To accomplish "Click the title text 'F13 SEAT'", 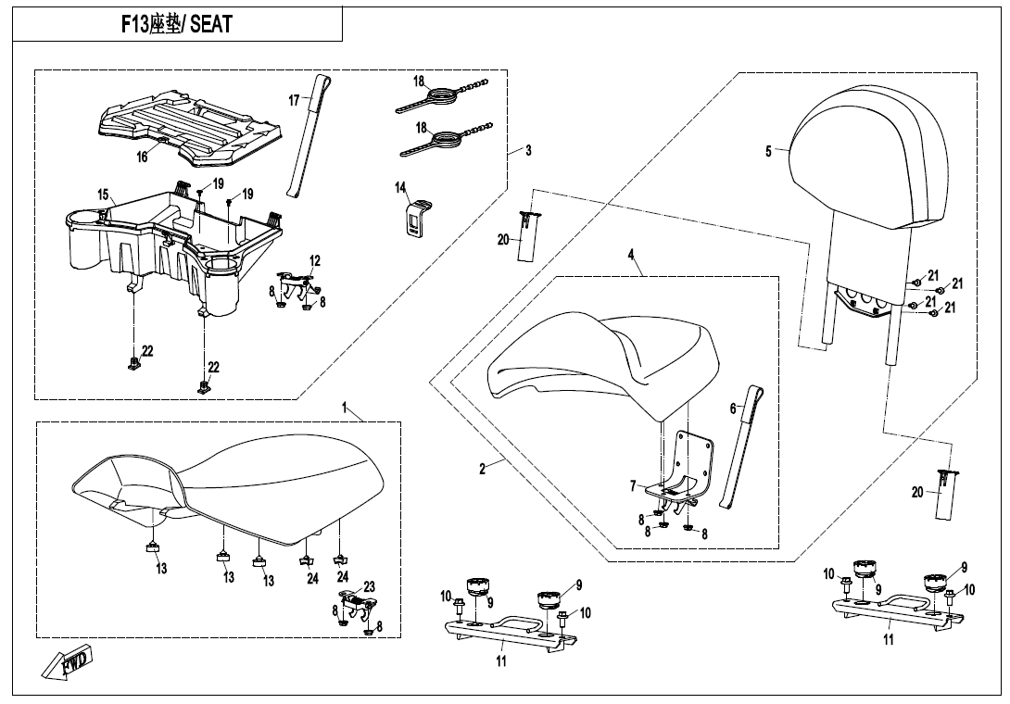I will point(176,24).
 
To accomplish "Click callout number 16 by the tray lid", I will point(142,157).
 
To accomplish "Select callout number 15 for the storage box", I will point(104,195).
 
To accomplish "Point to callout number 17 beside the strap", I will point(294,101).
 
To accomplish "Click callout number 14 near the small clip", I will point(400,188).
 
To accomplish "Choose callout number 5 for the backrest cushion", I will point(768,152).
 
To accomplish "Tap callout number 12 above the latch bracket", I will point(315,260).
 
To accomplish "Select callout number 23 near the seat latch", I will point(369,586).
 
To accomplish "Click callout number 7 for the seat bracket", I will point(633,486).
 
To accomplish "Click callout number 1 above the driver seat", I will point(344,408).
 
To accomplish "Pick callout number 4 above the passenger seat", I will point(631,253).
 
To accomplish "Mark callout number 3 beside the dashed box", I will point(528,150).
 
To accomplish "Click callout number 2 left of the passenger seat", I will point(482,469).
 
